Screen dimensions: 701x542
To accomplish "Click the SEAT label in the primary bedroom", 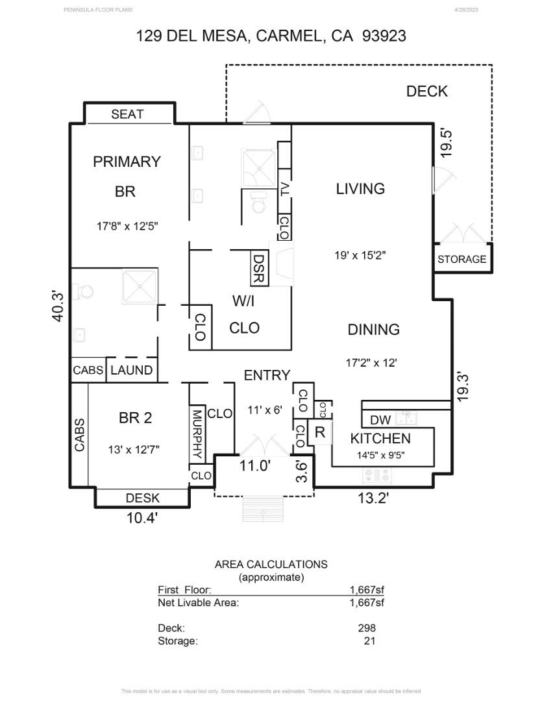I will click(127, 114).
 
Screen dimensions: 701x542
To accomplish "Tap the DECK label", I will click(426, 92).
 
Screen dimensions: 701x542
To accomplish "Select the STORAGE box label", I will click(462, 259).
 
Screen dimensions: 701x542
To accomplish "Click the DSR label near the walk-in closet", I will click(258, 269).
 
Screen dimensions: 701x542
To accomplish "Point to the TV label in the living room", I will click(284, 190).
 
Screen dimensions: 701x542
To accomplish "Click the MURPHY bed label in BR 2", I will click(197, 434).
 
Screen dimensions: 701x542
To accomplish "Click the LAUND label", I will click(132, 371).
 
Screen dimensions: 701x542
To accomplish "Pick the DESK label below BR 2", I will click(142, 498).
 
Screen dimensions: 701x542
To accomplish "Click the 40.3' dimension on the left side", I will click(58, 306).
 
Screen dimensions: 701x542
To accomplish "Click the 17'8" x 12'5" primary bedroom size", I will click(127, 227).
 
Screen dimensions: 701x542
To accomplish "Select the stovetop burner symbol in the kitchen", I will click(378, 476).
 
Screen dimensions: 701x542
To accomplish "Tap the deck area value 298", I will click(367, 628).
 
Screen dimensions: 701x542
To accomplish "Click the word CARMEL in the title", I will click(289, 36).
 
